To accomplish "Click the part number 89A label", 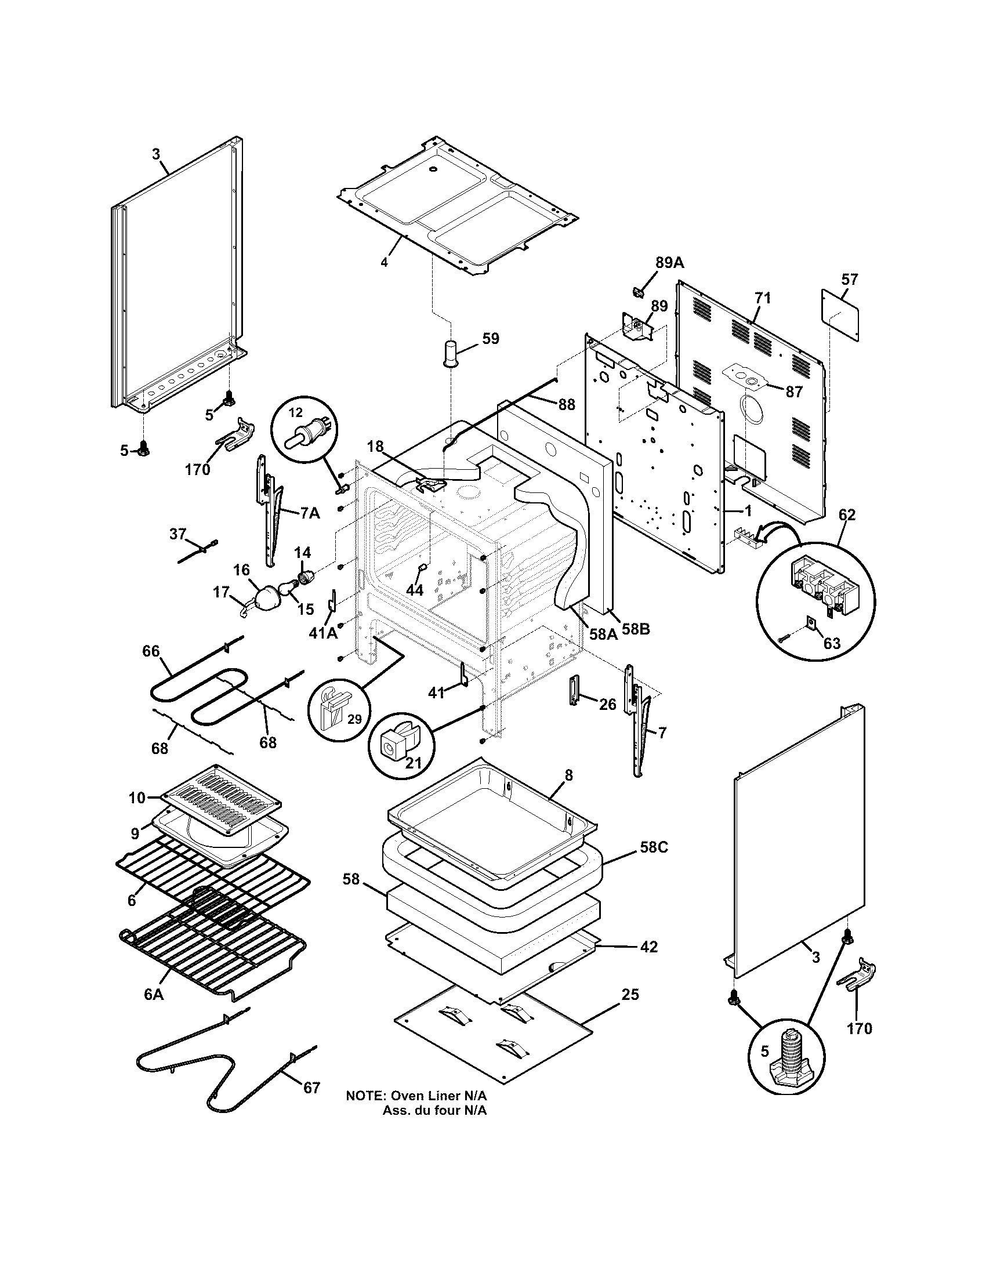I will click(x=669, y=262).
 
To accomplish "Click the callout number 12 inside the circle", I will click(x=296, y=412).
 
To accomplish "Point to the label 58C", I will click(x=654, y=847).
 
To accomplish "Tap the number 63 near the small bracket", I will click(x=831, y=643).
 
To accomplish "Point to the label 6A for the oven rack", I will click(x=153, y=994).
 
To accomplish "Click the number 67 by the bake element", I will click(x=311, y=1087).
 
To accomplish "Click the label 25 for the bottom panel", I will click(x=630, y=994).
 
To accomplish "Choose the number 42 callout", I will click(x=648, y=947).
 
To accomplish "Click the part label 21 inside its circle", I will click(x=413, y=763).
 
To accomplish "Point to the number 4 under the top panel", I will click(x=384, y=262).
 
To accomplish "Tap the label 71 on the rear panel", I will click(x=762, y=298).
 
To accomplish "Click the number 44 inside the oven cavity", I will click(x=414, y=590).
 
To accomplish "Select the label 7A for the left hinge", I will click(x=310, y=513).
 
